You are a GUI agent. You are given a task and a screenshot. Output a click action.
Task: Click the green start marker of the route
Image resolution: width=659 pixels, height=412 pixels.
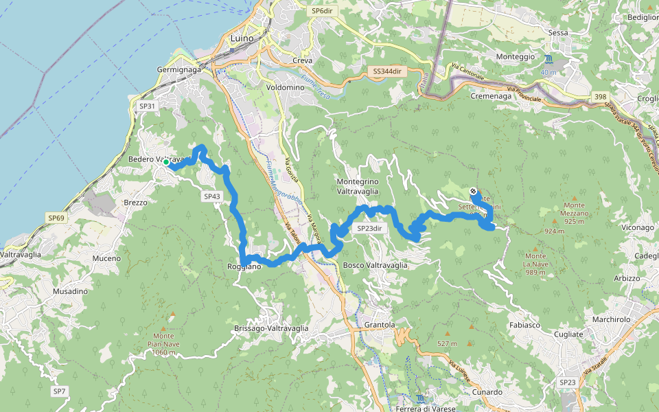coord(166,162)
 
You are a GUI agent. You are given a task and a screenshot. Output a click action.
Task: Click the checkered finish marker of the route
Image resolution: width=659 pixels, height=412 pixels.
coord(474,190)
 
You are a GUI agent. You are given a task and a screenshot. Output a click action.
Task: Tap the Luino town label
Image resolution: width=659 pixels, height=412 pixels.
coord(242,38)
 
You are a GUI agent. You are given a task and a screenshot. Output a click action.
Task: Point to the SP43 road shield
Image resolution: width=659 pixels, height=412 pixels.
coord(211,196)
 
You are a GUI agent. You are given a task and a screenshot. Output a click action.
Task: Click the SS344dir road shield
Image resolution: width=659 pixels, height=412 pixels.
coord(387,71)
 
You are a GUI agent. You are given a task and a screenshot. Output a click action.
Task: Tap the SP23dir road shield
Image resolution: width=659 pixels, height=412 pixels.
coord(369,228)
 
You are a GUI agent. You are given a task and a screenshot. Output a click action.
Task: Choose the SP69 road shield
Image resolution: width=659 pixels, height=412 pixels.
coord(56,218)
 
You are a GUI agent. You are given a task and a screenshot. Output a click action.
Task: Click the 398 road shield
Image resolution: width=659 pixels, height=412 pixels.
coord(601,97)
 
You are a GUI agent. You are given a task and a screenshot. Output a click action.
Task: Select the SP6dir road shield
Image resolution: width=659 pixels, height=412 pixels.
coord(321,11)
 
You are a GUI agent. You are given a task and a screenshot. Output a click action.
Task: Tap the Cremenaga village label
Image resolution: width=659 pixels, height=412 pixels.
coord(491,97)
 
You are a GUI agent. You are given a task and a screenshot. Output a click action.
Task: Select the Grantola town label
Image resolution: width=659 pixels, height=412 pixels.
coord(380,324)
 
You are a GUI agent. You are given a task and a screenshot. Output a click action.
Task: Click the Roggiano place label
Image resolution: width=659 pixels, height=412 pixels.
coord(245,266)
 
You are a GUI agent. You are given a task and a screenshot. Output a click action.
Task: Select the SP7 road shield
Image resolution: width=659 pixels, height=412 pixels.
coord(60,391)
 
